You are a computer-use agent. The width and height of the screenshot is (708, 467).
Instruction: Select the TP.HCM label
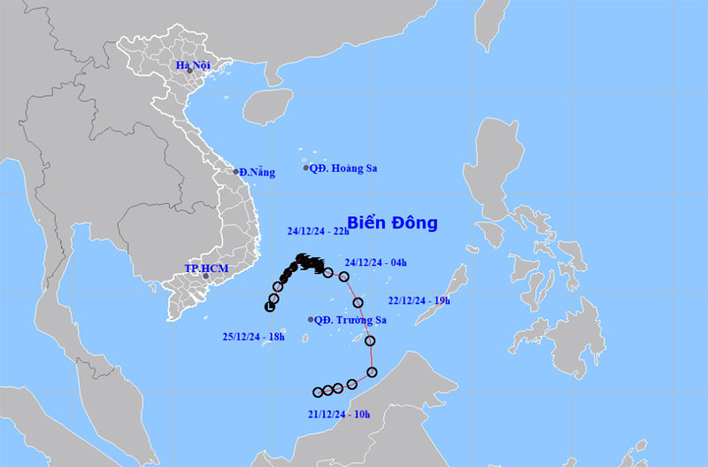(x=202, y=268)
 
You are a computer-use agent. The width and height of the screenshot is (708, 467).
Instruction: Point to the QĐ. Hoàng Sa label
(x=345, y=167)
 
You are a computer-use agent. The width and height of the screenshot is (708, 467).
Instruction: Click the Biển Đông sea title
(x=392, y=222)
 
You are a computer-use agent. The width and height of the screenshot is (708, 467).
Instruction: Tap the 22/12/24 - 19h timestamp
(x=419, y=300)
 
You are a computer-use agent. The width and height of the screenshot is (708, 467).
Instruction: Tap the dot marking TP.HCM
(x=205, y=276)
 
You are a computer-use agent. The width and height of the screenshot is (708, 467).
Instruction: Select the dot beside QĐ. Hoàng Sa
(x=306, y=167)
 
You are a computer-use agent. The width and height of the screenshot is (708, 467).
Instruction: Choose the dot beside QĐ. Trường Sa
(x=309, y=320)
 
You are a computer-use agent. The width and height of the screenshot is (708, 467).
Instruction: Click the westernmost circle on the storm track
(x=270, y=307)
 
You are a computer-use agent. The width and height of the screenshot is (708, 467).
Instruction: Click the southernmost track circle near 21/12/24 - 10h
(x=318, y=392)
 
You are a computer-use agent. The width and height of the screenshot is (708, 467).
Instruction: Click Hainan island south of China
(x=267, y=106)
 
